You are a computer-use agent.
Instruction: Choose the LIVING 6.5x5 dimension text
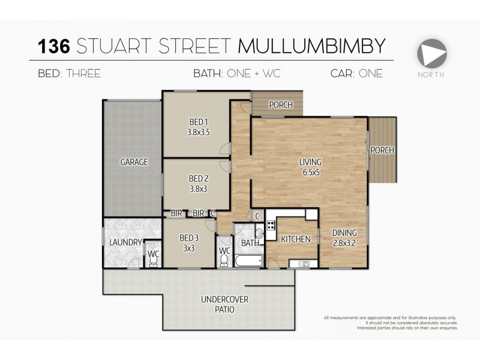pos(311,171)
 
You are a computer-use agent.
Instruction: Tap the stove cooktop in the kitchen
pos(271,226)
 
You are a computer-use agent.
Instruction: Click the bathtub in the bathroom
pos(248,261)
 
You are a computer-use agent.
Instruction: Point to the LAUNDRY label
pos(125,242)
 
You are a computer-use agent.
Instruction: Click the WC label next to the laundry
pos(153,254)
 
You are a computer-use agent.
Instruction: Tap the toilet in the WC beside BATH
pos(224,260)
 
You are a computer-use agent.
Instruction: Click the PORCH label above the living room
pos(280,105)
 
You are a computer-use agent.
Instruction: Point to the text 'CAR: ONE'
pos(356,74)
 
